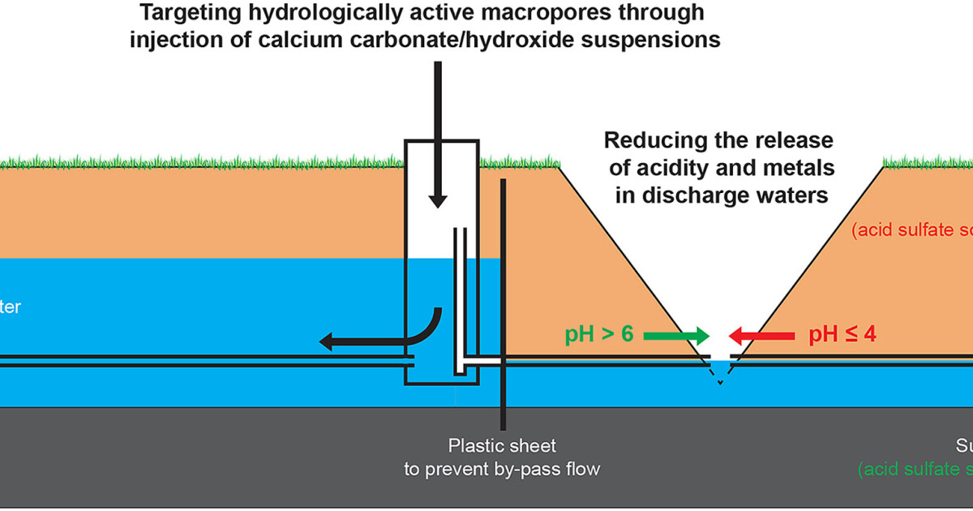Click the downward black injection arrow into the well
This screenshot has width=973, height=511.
coord(438,138)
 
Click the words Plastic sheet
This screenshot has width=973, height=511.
coord(502,445)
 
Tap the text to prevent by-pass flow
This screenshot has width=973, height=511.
coord(502,470)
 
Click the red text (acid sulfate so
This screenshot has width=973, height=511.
coord(911,230)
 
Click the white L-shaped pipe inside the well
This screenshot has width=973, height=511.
coord(460,308)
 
